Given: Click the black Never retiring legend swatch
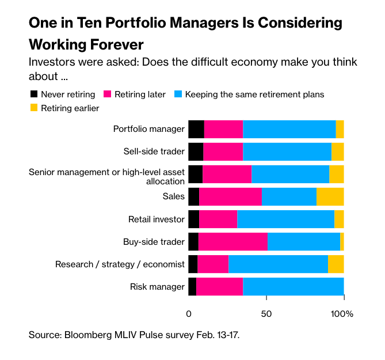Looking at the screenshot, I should [x=33, y=94].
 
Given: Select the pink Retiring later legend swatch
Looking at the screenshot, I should [x=106, y=94].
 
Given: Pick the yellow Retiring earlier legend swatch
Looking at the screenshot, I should [x=33, y=108].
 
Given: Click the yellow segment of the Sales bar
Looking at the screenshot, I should [x=330, y=196].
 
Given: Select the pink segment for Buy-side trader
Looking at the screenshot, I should [x=233, y=242].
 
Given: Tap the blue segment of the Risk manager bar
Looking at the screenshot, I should [x=293, y=286].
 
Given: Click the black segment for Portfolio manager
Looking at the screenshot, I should [x=196, y=129].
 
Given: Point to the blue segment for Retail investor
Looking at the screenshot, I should [x=285, y=219].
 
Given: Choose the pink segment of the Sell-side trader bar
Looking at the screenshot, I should [x=223, y=151].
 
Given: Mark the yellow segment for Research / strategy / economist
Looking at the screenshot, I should [x=336, y=264].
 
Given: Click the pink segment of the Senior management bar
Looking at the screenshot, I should [x=227, y=174].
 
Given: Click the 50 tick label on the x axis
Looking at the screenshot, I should [x=266, y=314].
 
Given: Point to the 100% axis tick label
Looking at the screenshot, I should [x=343, y=314].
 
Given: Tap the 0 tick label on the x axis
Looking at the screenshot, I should [x=189, y=314].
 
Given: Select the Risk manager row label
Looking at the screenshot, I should [x=157, y=287].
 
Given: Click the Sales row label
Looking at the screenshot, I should [x=174, y=196].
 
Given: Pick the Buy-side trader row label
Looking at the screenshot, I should [x=154, y=242].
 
